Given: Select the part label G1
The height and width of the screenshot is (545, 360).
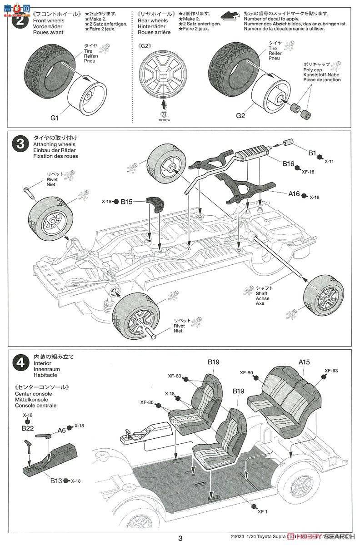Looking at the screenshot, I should (55, 118).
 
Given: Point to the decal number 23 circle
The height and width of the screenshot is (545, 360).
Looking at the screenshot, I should (164, 114).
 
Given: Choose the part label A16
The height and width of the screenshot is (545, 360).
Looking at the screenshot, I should (294, 193).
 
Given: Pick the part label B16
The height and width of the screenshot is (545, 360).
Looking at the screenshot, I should (289, 163).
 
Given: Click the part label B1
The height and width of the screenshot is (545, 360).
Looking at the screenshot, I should (312, 154).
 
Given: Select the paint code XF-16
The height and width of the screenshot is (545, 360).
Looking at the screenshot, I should (308, 172).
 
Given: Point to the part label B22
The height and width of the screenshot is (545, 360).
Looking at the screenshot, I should (28, 428).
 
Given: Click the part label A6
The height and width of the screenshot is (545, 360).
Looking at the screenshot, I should (61, 430).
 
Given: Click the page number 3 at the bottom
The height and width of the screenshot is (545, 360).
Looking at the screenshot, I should (180, 539).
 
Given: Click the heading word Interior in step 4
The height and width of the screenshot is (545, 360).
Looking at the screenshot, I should (42, 363).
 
